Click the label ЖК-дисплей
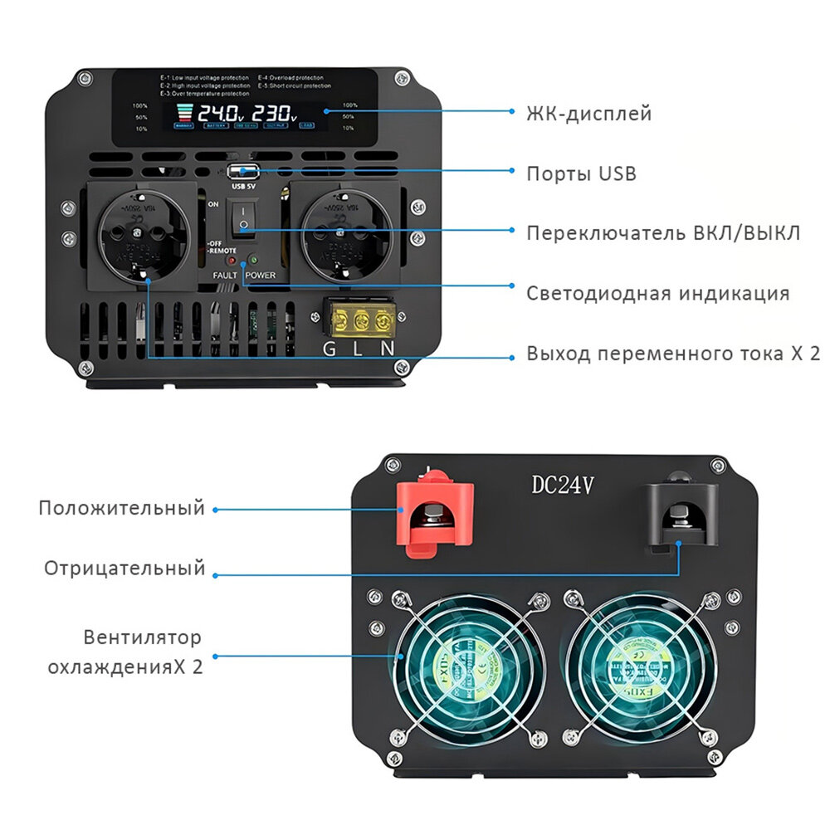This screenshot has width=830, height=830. (588, 114)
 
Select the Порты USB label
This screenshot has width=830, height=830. (581, 173)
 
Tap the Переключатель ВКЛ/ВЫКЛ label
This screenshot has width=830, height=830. (663, 232)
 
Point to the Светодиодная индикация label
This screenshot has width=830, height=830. (657, 293)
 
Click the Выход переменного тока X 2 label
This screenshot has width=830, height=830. (673, 354)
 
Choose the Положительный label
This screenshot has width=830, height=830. (121, 508)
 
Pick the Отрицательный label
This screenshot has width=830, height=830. (124, 569)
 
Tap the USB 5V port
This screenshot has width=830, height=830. (244, 173)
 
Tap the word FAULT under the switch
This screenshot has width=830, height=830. (225, 275)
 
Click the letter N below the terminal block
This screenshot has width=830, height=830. (388, 349)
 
